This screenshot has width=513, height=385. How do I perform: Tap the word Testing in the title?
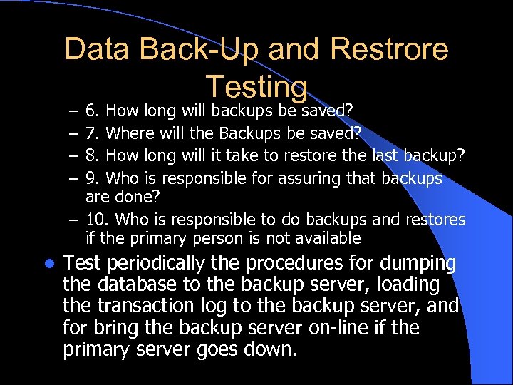point(256,86)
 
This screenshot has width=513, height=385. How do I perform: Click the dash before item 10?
point(75,220)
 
